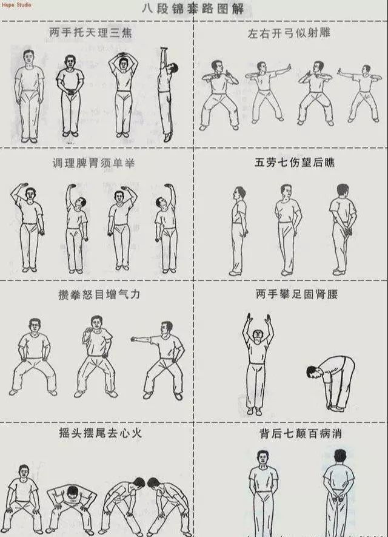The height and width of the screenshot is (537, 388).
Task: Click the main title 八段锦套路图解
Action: [193, 8]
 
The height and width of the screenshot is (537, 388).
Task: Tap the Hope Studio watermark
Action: [16, 5]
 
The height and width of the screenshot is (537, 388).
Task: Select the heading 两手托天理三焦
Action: [91, 33]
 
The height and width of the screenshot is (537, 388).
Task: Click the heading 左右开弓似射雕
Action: [289, 33]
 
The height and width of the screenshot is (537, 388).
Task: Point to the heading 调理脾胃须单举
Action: [93, 163]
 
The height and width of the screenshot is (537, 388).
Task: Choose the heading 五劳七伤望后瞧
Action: [294, 163]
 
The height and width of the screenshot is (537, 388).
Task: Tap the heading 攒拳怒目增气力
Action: [99, 294]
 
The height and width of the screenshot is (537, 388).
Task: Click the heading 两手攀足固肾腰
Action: [297, 294]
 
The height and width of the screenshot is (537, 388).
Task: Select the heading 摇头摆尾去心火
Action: [100, 433]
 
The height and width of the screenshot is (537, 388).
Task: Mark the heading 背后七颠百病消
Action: [301, 434]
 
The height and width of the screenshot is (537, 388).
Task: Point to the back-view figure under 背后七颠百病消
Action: [339, 493]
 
